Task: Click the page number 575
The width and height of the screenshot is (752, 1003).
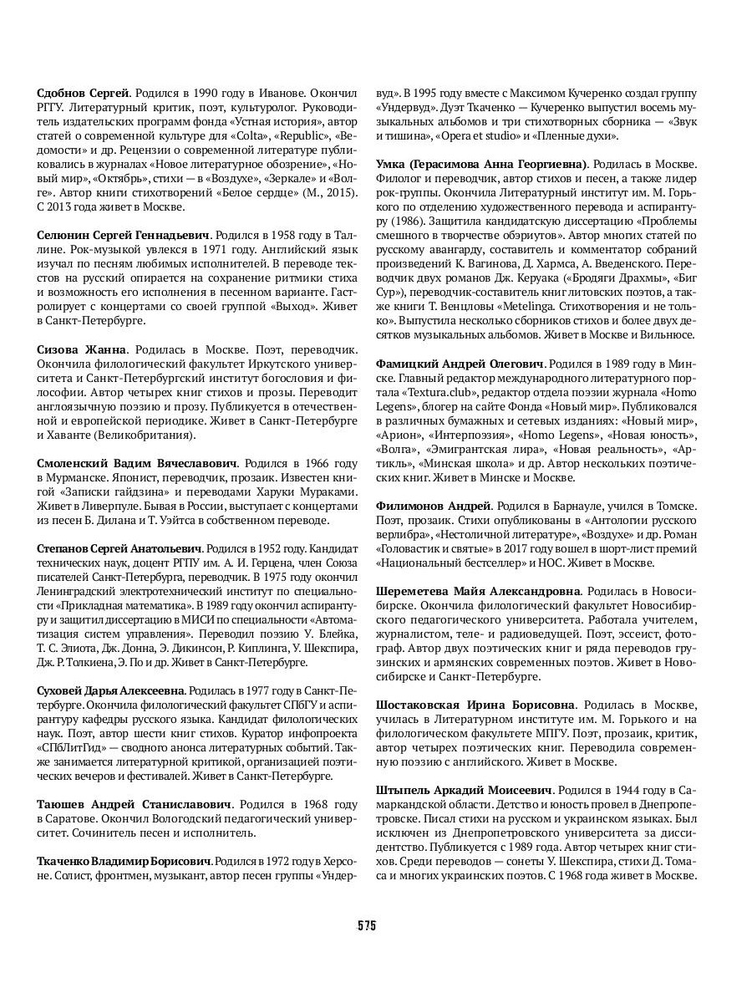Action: coord(367,925)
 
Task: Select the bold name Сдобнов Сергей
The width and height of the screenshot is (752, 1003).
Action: coord(83,92)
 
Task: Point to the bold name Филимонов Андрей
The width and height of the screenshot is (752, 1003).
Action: coord(431,506)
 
